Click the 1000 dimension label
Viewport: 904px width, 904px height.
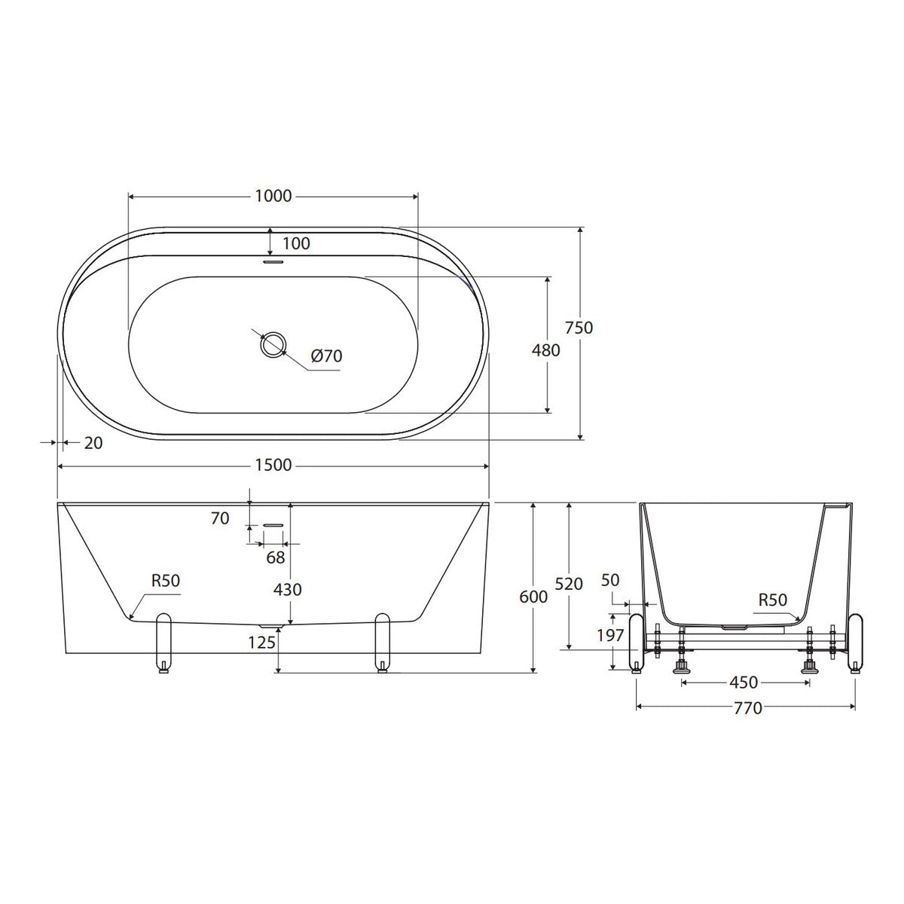[273, 196]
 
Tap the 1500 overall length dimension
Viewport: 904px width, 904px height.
[273, 466]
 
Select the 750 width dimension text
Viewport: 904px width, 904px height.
[579, 328]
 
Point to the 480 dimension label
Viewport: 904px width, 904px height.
[545, 350]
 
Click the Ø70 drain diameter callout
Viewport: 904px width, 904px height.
[326, 356]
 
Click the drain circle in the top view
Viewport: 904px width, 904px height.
[273, 345]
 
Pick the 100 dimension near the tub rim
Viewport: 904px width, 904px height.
[297, 243]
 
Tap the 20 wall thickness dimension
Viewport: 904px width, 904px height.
[93, 443]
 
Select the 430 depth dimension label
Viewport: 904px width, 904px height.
[287, 590]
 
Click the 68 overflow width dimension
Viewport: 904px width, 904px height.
[276, 557]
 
